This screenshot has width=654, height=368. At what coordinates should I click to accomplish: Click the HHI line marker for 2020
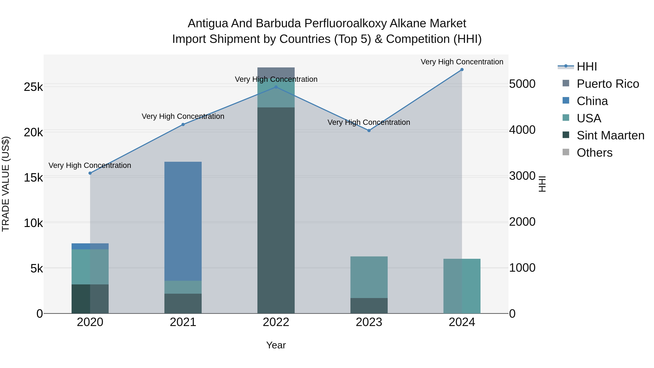tap(90, 173)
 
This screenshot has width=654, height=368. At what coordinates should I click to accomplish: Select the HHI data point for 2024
tap(462, 70)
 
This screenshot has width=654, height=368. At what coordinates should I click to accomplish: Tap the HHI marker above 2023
tap(369, 130)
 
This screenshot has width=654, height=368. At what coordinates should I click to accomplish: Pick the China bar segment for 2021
tap(183, 221)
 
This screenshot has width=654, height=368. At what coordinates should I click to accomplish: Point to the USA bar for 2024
tap(462, 286)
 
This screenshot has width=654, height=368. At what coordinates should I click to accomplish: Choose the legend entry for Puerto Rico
tap(607, 84)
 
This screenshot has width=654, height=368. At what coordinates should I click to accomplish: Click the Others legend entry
tap(594, 153)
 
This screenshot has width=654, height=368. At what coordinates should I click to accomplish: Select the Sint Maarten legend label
tap(610, 135)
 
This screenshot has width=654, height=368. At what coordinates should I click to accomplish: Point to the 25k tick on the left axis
tap(33, 87)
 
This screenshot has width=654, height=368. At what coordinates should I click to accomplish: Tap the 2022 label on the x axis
tap(276, 322)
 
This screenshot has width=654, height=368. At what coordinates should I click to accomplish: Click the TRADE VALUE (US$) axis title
tap(6, 184)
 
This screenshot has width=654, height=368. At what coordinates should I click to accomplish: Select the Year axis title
tap(276, 345)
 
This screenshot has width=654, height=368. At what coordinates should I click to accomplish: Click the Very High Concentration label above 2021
tap(183, 116)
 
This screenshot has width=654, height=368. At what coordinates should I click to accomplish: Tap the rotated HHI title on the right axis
tap(542, 184)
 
